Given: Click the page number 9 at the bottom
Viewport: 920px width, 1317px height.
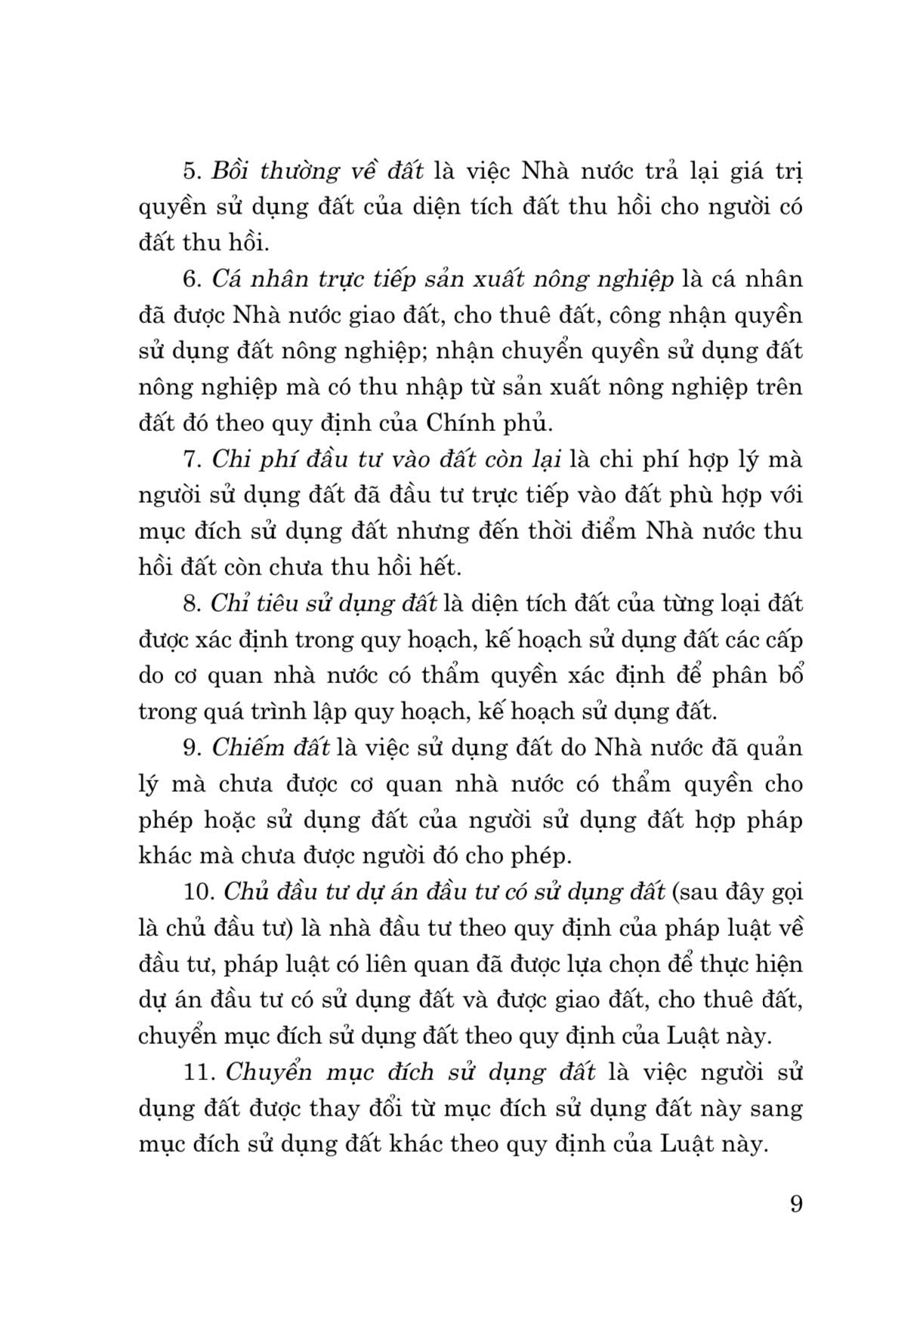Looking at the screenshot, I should point(795,1203).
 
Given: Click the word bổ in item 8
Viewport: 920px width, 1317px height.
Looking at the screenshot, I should point(792,675).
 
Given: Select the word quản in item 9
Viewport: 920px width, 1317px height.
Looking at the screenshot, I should point(770,749).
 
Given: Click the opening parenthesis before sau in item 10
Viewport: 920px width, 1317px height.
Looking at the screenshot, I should point(674,893).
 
